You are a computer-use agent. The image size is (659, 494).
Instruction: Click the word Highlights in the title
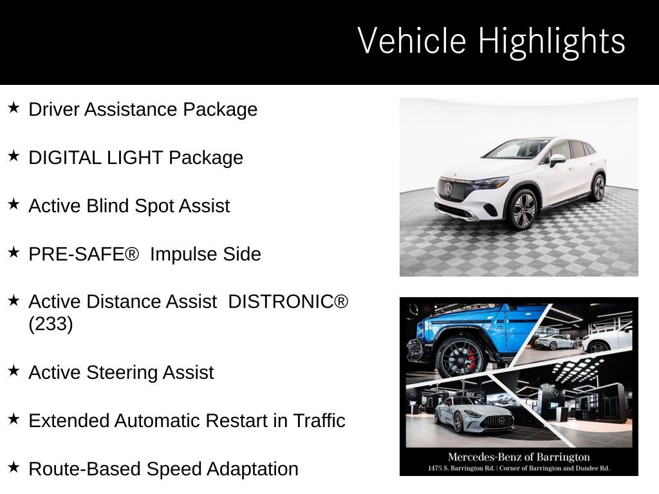pos(551,41)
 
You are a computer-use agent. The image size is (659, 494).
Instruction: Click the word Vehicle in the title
pos(411,41)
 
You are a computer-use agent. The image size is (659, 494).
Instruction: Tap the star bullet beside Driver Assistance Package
pos(14,107)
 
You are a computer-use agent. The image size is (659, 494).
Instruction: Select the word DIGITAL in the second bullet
pos(62,158)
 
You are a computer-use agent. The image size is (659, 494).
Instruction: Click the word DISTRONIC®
pos(288,302)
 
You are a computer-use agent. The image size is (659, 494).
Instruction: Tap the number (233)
pos(51,324)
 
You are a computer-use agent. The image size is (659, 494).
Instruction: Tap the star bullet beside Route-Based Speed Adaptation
pos(14,468)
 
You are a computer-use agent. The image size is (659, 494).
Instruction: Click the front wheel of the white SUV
pos(523,210)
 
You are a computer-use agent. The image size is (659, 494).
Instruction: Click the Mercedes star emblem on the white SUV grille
pos(449,188)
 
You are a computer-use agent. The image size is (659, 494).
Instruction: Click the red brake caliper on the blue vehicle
pos(472,358)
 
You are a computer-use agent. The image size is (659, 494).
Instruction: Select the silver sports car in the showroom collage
pos(474,415)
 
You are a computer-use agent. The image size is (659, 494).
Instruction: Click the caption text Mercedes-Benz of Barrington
pos(519,457)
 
